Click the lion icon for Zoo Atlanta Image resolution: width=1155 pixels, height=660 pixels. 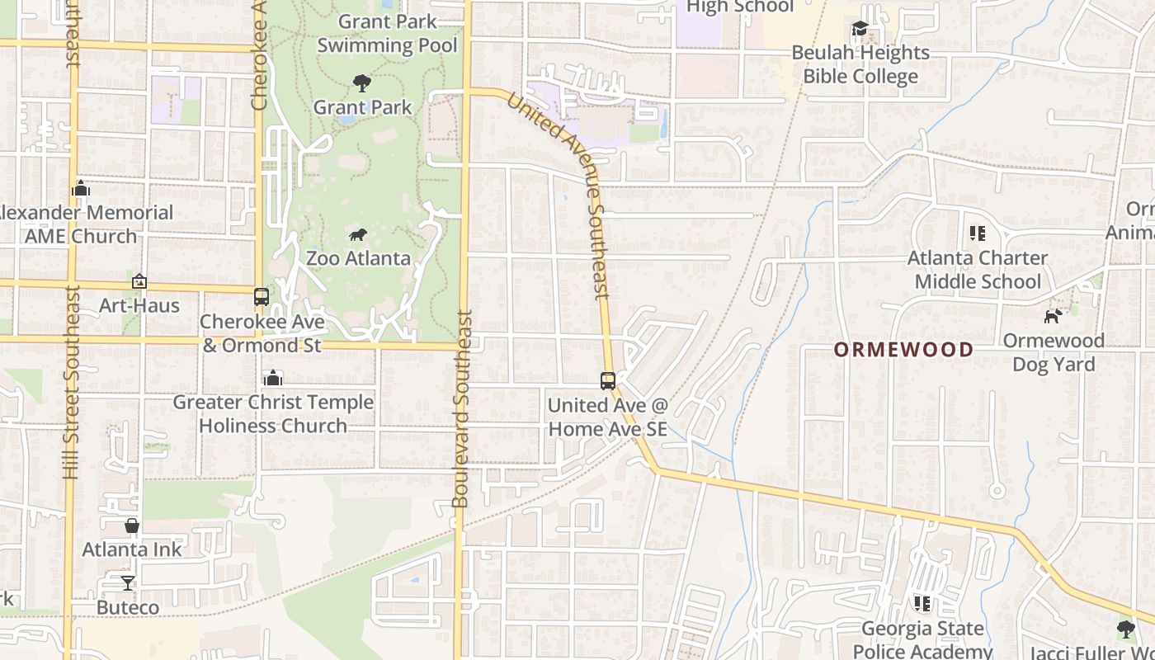coord(358,235)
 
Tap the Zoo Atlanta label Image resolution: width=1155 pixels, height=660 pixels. coord(358,258)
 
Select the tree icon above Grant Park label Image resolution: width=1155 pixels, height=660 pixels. coord(361,82)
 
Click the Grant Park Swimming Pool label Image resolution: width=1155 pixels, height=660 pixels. coord(387,33)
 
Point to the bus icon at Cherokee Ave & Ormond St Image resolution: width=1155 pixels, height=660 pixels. coord(262,297)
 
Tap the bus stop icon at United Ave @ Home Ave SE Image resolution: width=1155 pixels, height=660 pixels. coord(608,380)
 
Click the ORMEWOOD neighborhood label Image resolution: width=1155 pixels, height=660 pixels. coord(903,349)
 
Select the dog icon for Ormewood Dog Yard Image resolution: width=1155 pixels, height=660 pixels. coord(1053,315)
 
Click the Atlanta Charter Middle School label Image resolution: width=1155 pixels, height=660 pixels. coord(978,270)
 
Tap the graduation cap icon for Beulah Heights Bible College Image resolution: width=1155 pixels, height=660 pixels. coord(860,30)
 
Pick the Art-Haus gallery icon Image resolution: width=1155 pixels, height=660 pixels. coord(139,282)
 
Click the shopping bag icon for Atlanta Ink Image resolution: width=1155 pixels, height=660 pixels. coord(132,526)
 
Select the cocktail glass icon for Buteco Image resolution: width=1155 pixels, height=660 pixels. coord(127,583)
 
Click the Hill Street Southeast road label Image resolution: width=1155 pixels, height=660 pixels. coord(71,382)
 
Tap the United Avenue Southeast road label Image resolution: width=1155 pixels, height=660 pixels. coord(558,195)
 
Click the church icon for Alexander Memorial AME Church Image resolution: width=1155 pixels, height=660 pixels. coord(80,189)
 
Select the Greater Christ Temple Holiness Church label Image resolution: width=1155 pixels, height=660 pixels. coord(273,414)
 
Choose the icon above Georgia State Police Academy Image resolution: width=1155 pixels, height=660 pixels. coord(922,604)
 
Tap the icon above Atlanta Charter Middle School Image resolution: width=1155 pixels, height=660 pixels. coord(978,233)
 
